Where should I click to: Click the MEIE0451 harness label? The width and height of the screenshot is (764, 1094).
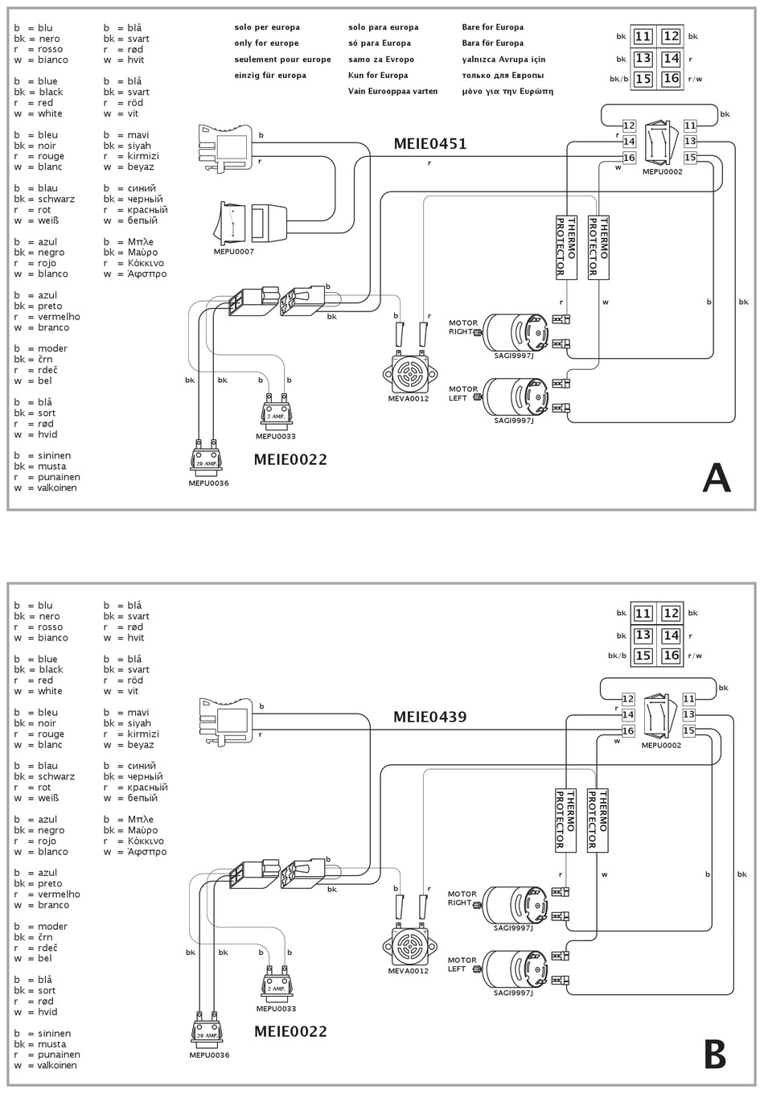tap(430, 143)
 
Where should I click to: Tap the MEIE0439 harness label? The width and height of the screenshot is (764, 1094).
tap(430, 717)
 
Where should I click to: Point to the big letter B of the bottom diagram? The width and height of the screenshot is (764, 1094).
tap(715, 1055)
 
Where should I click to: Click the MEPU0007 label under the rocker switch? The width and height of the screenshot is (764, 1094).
tap(234, 252)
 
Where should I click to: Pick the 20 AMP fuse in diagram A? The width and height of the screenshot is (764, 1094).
tap(205, 459)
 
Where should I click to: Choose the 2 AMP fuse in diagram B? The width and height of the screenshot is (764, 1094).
tap(276, 989)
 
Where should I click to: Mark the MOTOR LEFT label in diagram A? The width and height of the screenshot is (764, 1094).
tap(463, 393)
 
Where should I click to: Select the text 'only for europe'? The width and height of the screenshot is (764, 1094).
tap(266, 43)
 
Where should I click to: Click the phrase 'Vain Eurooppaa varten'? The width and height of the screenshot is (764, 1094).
tap(393, 92)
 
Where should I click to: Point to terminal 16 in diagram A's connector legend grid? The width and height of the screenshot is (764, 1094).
tap(672, 79)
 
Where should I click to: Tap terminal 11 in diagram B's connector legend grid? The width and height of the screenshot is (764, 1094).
tap(643, 614)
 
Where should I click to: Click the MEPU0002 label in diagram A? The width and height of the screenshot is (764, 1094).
tap(663, 172)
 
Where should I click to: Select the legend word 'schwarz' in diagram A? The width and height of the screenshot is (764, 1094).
tap(56, 199)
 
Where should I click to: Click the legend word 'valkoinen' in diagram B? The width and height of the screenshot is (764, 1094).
tap(57, 1065)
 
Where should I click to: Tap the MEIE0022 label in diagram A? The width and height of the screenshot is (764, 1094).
tap(290, 459)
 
